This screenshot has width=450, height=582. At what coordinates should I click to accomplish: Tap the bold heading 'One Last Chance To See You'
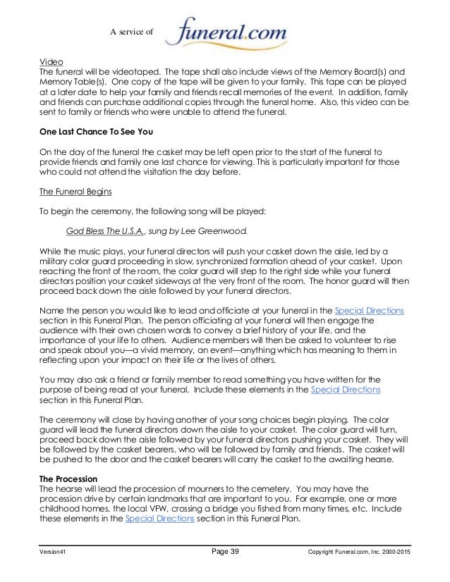(x=102, y=132)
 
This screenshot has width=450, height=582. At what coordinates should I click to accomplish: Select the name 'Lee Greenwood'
(x=214, y=230)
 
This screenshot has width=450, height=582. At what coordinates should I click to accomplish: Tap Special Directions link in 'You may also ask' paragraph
(x=346, y=389)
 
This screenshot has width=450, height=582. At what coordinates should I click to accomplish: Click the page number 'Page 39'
(x=226, y=552)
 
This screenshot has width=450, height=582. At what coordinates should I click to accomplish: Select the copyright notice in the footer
(x=359, y=552)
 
